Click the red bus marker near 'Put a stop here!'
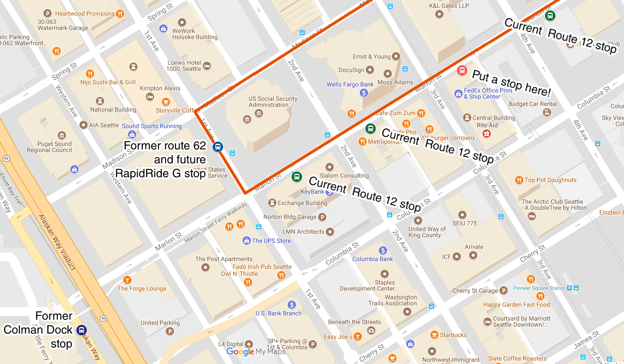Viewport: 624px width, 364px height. click(462, 70)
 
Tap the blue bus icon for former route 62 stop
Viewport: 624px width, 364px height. click(218, 147)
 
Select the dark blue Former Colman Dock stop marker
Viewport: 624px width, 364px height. click(81, 330)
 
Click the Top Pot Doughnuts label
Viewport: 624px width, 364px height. click(550, 180)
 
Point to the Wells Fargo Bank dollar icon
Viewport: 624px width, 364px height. click(364, 93)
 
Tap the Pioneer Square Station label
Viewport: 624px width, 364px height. click(539, 288)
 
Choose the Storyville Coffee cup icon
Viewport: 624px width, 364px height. click(165, 102)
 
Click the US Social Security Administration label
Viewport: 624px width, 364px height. click(273, 102)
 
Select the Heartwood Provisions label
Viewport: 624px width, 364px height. click(85, 13)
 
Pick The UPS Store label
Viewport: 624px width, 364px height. click(271, 241)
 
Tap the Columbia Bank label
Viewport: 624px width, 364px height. click(372, 259)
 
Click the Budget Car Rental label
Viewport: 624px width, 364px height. click(532, 104)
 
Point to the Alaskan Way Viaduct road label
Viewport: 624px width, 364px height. click(56, 242)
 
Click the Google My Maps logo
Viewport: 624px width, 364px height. click(256, 352)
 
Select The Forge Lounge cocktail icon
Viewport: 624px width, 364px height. click(127, 280)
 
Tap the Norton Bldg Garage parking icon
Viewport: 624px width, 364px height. click(322, 217)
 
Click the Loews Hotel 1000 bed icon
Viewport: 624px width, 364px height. click(207, 66)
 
